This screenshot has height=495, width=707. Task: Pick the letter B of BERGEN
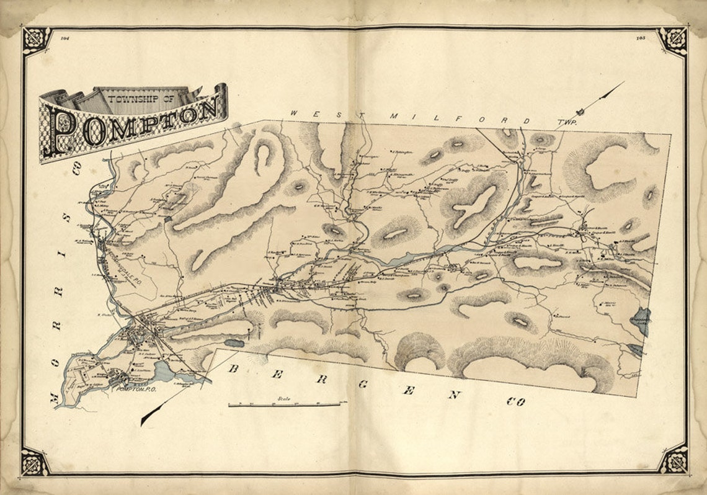(234, 368)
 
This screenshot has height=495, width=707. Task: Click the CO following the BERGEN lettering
(515, 401)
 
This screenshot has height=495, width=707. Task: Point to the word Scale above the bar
(284, 398)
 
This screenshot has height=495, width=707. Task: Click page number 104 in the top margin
(65, 38)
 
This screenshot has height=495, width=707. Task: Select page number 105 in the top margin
(641, 38)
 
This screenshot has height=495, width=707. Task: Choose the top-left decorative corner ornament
(35, 40)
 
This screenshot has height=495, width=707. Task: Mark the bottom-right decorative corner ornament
(673, 460)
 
